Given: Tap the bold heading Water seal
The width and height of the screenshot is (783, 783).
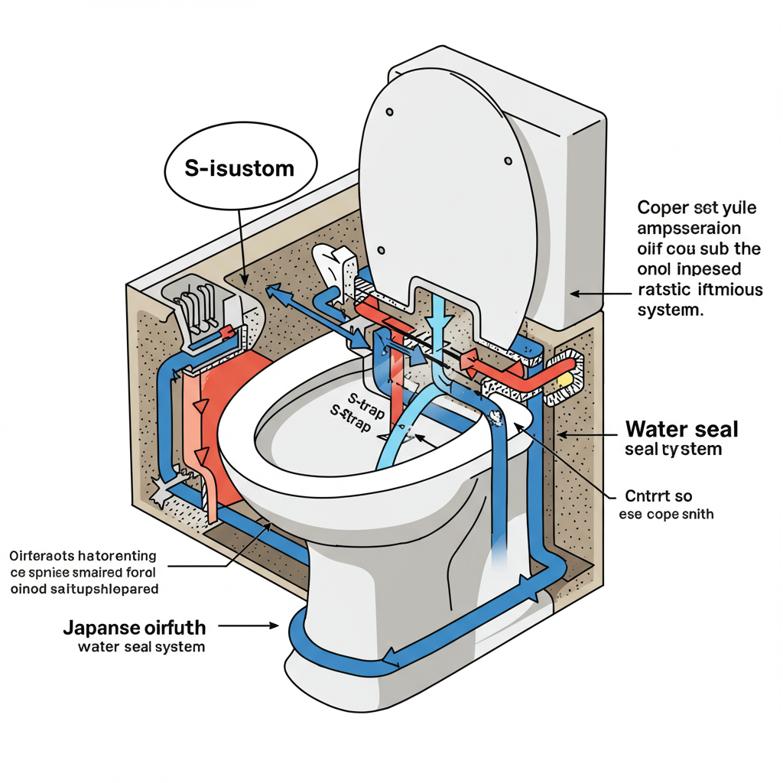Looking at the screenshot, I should tap(682, 429).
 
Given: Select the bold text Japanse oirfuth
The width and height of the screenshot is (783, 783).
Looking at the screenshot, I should tap(134, 628).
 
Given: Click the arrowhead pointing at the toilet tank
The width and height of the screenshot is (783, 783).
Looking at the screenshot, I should tap(576, 292).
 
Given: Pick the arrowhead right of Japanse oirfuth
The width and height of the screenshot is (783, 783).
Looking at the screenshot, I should tap(273, 625).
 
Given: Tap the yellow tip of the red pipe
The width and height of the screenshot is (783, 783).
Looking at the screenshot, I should tap(565, 378).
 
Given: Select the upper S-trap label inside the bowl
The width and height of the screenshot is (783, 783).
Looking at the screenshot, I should tap(365, 398).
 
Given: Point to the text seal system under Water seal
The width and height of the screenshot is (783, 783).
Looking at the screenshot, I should tap(673, 449).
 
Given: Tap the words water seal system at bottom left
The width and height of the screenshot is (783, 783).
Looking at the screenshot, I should tap(141, 647).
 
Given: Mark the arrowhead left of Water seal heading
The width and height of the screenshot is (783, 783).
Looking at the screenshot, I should tap(561, 434).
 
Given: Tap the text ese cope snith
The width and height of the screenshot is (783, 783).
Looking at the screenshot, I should tap(666, 514).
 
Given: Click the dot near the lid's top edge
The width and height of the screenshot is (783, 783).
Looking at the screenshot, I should tap(389, 112).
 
